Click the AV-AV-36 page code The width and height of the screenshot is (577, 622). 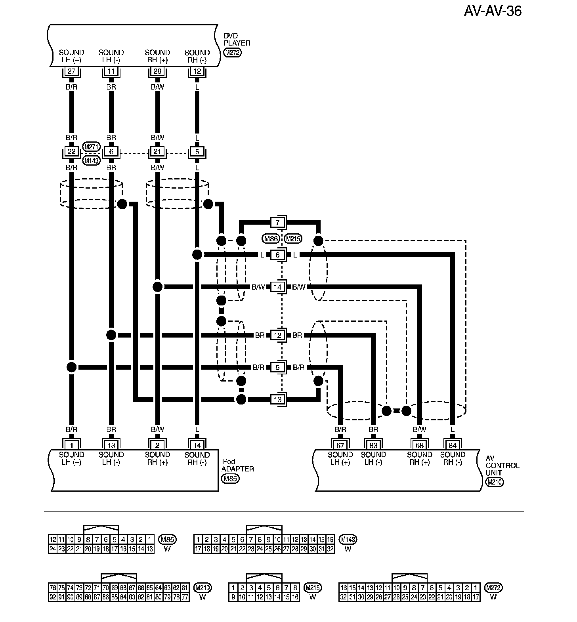493,11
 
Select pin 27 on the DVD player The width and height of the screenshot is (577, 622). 71,72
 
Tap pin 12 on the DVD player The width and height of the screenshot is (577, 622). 197,72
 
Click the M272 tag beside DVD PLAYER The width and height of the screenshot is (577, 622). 232,52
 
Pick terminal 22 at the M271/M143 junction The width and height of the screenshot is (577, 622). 71,152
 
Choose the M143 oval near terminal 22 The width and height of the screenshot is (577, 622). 92,160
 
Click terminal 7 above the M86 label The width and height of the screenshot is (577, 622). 277,222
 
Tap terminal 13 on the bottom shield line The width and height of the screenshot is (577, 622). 277,399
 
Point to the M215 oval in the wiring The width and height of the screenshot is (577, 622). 293,238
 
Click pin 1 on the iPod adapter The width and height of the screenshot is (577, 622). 71,445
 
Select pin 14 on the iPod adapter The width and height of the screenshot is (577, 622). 197,445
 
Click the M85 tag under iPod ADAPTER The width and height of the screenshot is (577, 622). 230,479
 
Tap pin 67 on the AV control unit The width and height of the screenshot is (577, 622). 340,445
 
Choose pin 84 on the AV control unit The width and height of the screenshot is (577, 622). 452,445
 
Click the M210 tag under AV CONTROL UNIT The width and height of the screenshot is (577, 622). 494,482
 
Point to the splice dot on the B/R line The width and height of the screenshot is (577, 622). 71,367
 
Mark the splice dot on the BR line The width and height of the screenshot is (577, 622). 111,335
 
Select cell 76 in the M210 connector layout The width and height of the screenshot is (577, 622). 52,588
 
